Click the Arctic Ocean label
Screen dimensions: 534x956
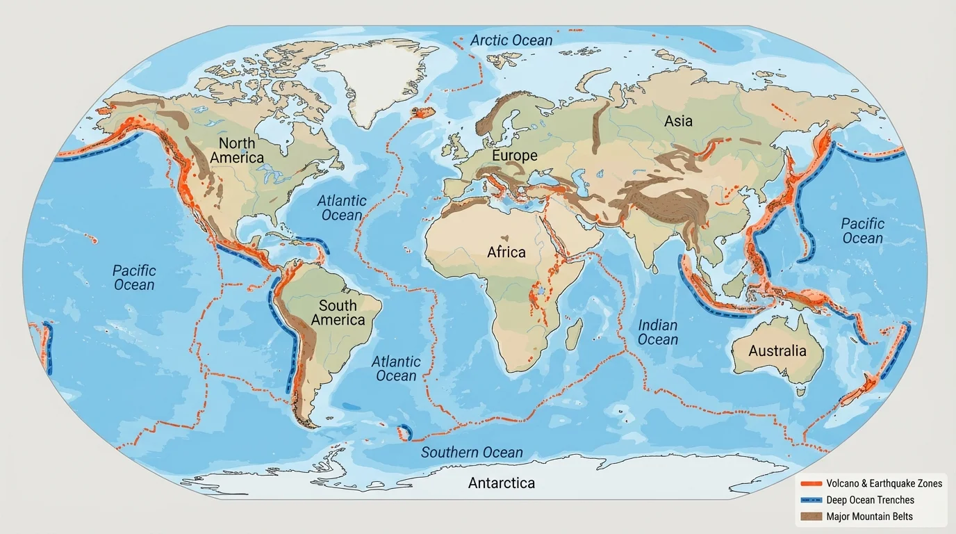coord(511,40)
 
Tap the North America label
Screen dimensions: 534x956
coord(237,150)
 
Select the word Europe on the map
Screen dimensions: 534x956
coord(515,155)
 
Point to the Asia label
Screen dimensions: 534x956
coord(678,121)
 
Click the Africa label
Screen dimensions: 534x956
coord(506,252)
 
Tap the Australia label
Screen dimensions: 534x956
coord(777,350)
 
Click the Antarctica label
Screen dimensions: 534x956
coord(502,483)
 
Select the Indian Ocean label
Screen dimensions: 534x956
coord(658,332)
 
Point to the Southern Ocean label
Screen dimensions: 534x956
coord(472,453)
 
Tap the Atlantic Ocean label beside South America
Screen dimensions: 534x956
coord(396,369)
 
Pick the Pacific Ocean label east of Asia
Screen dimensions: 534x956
coord(862,231)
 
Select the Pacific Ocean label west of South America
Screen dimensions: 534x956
coord(134,277)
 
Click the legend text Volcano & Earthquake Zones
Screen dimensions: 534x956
coord(884,483)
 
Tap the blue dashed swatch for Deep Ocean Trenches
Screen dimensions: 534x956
coord(811,500)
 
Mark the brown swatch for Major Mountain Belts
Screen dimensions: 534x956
coord(811,517)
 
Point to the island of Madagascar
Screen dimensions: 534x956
coord(574,334)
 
